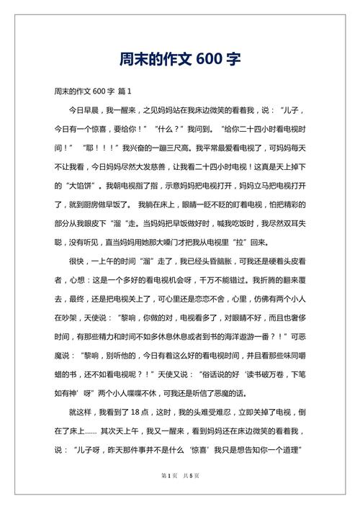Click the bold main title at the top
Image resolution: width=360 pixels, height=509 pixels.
tap(179, 57)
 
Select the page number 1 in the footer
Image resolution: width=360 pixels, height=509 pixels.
tap(168, 497)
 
